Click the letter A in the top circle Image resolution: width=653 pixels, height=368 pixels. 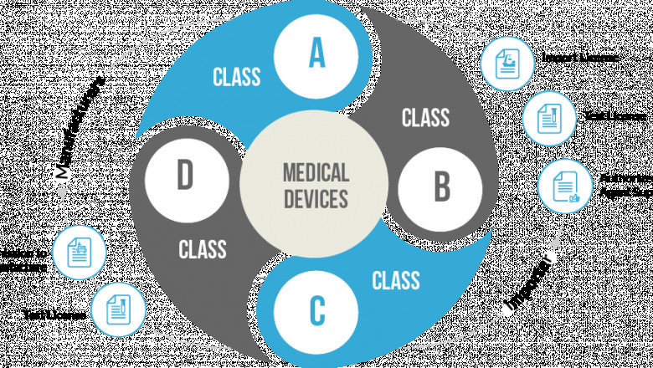tap(316, 53)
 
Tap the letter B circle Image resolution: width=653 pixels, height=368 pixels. tap(440, 187)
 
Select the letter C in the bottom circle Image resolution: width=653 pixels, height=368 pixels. tap(316, 310)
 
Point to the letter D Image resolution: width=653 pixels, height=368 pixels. tap(184, 176)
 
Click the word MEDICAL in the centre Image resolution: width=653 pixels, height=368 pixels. tap(316, 173)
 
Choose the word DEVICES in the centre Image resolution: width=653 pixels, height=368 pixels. tap(316, 200)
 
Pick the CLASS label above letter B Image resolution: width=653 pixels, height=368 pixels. tap(425, 117)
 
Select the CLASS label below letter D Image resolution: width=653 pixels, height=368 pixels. tap(203, 249)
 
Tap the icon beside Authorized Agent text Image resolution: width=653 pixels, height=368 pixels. tap(566, 187)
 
